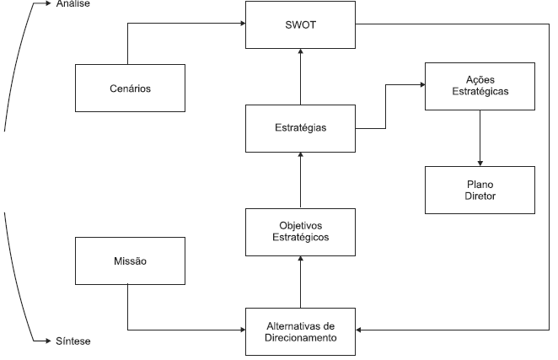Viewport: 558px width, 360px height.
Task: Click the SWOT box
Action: pyautogui.click(x=300, y=24)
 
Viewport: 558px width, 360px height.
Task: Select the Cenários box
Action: pyautogui.click(x=128, y=87)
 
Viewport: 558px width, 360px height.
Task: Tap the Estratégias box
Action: pyautogui.click(x=300, y=128)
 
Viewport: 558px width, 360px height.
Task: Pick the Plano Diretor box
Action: pyautogui.click(x=480, y=190)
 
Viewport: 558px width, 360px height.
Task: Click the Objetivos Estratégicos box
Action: pyautogui.click(x=300, y=231)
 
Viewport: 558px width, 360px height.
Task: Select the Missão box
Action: pyautogui.click(x=128, y=261)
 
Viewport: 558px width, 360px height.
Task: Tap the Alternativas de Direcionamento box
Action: pyautogui.click(x=300, y=331)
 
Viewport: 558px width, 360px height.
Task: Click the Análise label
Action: pyautogui.click(x=73, y=3)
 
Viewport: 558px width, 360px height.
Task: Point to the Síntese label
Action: pyautogui.click(x=73, y=341)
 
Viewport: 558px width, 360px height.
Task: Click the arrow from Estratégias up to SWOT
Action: pyautogui.click(x=301, y=76)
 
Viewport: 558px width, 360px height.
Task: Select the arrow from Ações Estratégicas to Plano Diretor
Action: pyautogui.click(x=480, y=137)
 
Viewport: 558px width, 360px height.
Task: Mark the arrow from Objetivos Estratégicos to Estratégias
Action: pyautogui.click(x=301, y=180)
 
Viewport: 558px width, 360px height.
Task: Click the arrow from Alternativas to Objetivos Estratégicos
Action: pyautogui.click(x=301, y=282)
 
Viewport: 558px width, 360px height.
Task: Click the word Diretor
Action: pyautogui.click(x=480, y=196)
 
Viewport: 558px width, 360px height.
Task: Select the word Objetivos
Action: pyautogui.click(x=300, y=225)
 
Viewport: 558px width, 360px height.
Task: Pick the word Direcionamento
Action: pyautogui.click(x=300, y=338)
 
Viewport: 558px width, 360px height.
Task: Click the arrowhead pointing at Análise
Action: pyautogui.click(x=47, y=3)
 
